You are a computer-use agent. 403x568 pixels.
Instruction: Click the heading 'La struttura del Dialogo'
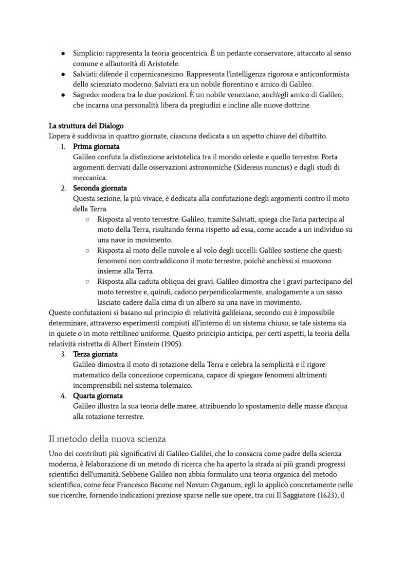tap(86, 126)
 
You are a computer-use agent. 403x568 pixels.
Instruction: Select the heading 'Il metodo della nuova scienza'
tap(107, 439)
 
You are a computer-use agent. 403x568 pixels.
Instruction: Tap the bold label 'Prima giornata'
tap(96, 146)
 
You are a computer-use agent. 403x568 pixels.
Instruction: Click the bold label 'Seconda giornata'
tap(100, 188)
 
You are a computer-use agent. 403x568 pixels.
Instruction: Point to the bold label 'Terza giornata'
tap(95, 354)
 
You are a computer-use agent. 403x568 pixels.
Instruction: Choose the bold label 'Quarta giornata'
tap(98, 396)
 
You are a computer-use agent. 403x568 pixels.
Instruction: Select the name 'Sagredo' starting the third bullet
tap(86, 95)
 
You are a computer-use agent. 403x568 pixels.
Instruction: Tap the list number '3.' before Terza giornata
tap(63, 354)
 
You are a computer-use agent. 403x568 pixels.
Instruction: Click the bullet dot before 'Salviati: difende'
tap(63, 74)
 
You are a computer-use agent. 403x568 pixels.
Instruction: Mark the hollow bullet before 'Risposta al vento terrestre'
tap(87, 220)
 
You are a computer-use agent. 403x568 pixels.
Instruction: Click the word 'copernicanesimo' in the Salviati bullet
tap(155, 74)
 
